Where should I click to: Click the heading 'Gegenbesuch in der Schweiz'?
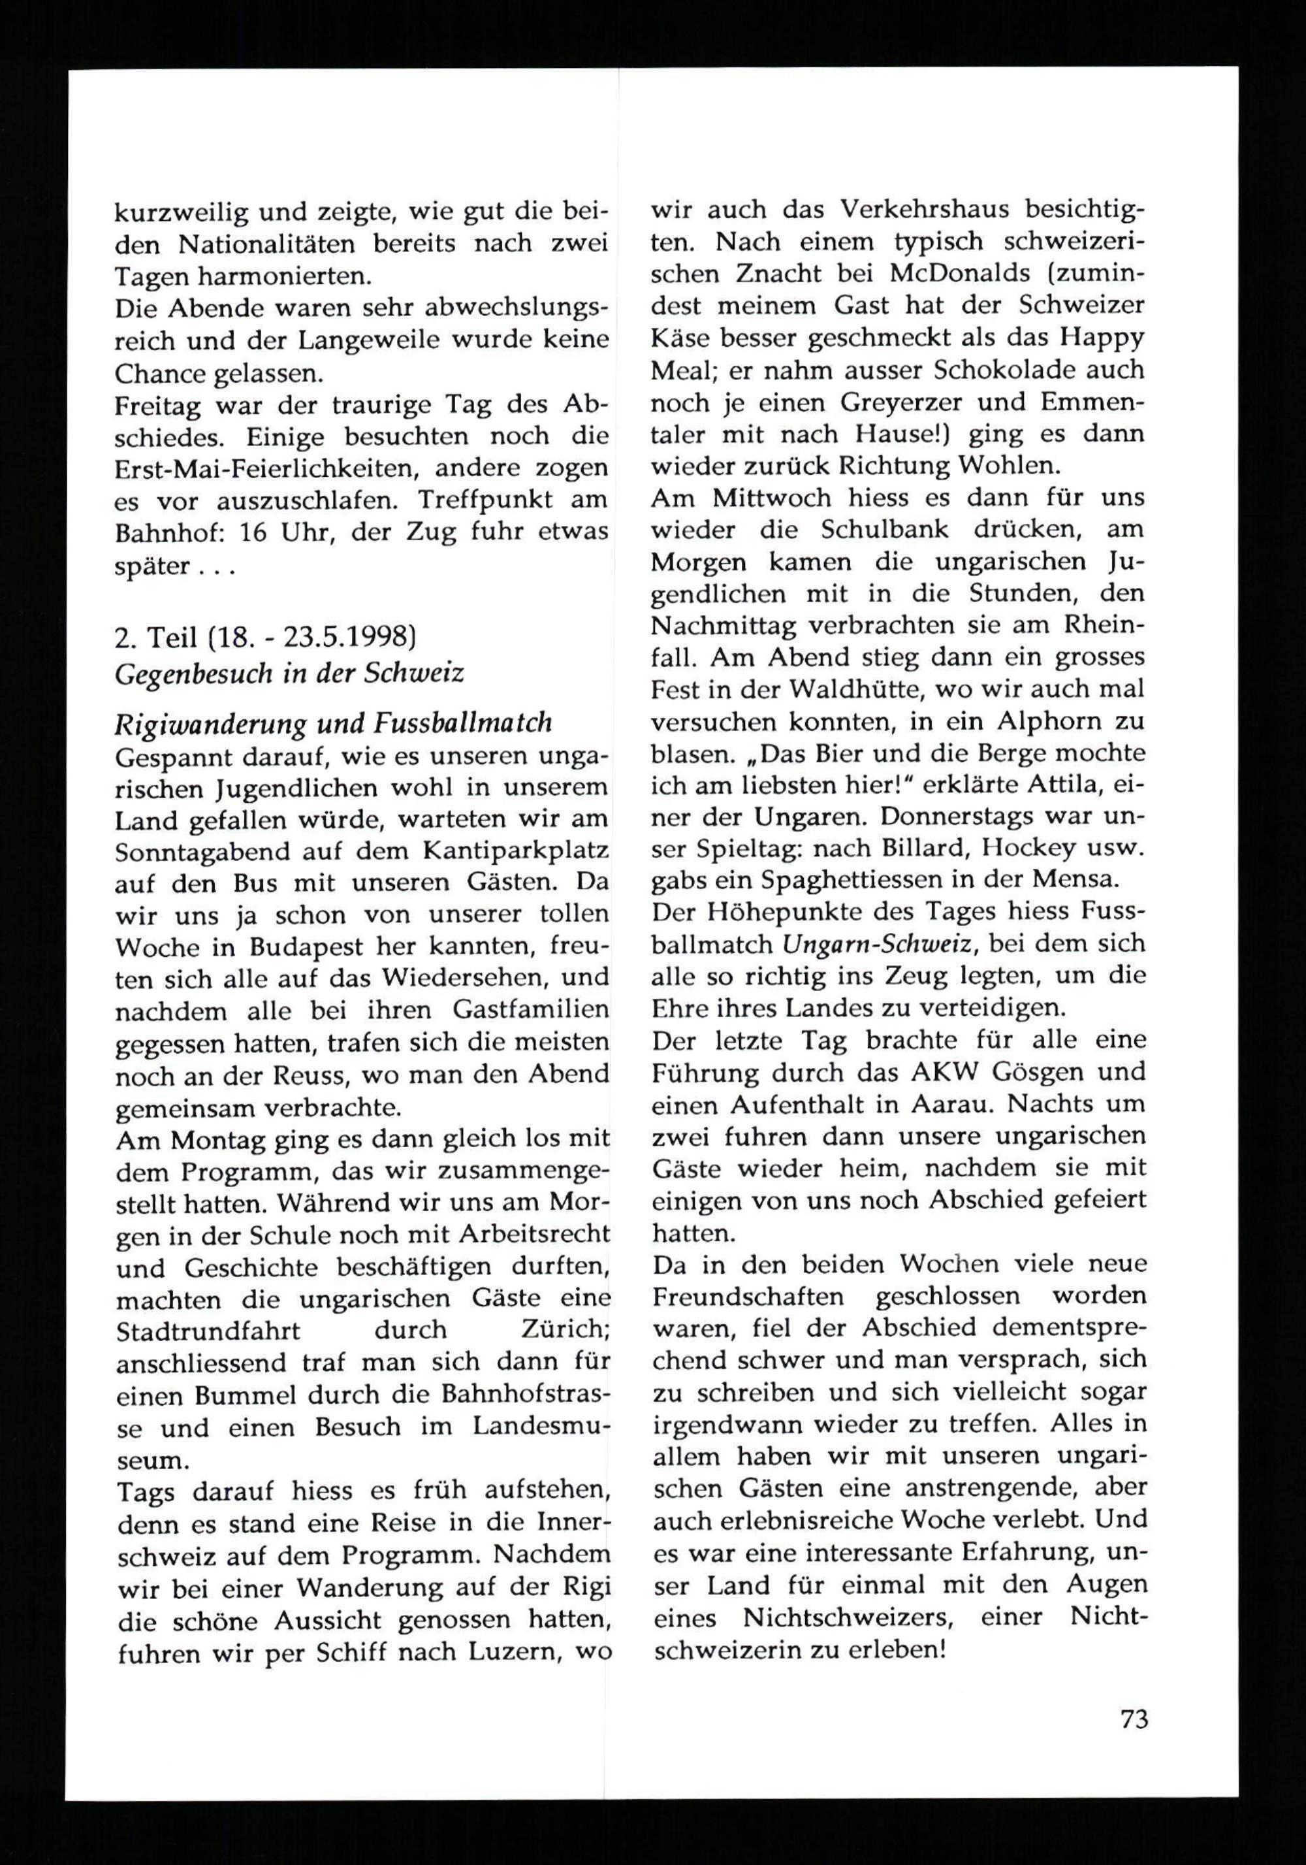coord(289,673)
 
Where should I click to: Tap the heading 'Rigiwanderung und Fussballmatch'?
coord(334,722)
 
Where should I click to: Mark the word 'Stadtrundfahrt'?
coord(208,1330)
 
